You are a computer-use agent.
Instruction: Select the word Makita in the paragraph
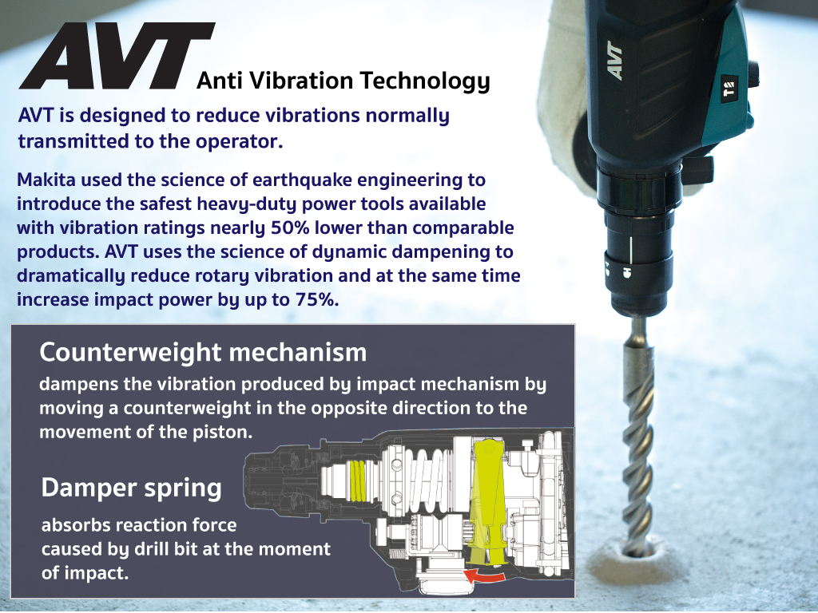pyautogui.click(x=46, y=180)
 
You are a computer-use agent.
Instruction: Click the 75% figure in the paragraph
pyautogui.click(x=317, y=300)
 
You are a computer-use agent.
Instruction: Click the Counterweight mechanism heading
pyautogui.click(x=203, y=353)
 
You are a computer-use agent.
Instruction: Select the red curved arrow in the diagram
pyautogui.click(x=485, y=575)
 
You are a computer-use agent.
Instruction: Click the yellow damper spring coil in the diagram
pyautogui.click(x=357, y=480)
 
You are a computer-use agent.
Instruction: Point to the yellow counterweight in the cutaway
pyautogui.click(x=488, y=500)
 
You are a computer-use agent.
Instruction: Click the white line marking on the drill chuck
pyautogui.click(x=631, y=250)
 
